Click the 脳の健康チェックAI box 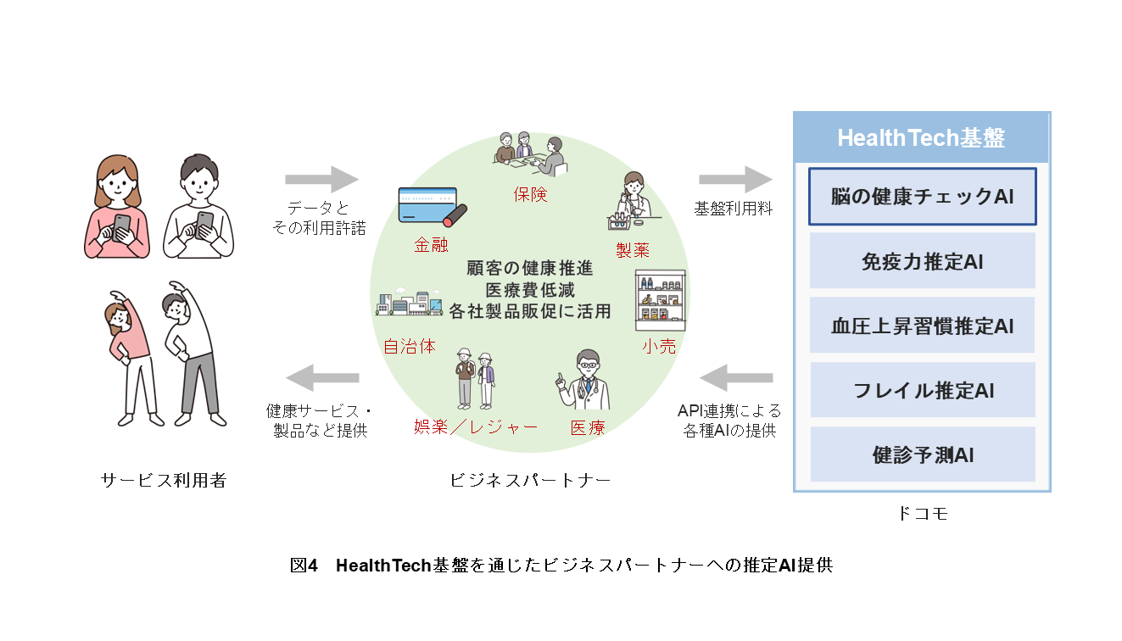click(922, 197)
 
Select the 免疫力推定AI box click(922, 261)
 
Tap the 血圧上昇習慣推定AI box click(922, 326)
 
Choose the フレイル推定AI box click(922, 391)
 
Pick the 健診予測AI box click(922, 454)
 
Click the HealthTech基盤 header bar click(921, 138)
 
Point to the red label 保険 click(530, 194)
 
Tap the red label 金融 click(431, 245)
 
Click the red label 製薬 click(633, 248)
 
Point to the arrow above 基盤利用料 click(734, 180)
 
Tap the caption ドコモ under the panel click(921, 513)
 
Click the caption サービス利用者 click(164, 480)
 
